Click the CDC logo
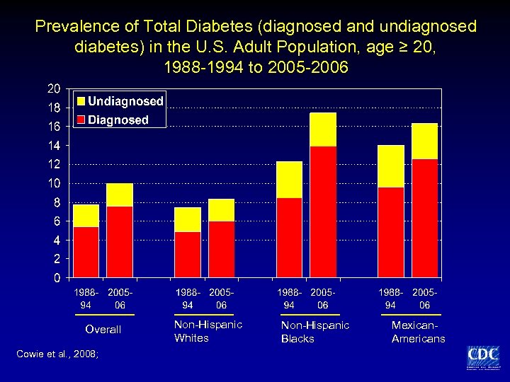point(482,357)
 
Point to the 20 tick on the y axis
point(53,89)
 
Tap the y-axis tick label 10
point(53,183)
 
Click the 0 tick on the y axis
point(56,278)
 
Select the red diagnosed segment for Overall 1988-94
point(86,252)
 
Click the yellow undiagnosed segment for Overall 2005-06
point(120,195)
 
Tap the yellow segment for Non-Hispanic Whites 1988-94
point(188,219)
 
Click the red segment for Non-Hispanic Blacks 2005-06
point(323,212)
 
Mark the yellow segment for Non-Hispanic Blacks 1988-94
point(289,180)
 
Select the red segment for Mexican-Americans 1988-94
point(391,232)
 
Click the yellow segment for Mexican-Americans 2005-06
point(424,141)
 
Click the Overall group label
point(103,330)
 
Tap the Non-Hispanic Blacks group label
point(315,332)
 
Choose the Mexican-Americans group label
point(418,332)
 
